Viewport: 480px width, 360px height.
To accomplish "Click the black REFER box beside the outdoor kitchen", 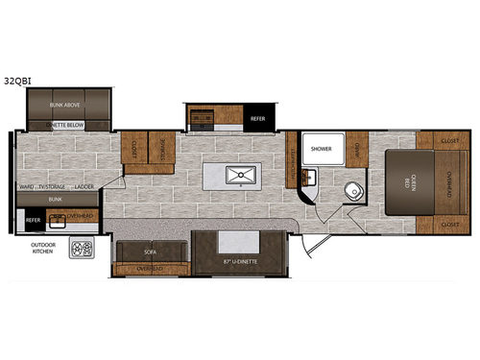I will click(32, 219).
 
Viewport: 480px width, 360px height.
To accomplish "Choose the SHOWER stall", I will click(320, 149).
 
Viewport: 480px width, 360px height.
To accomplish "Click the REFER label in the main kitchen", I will click(258, 119).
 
